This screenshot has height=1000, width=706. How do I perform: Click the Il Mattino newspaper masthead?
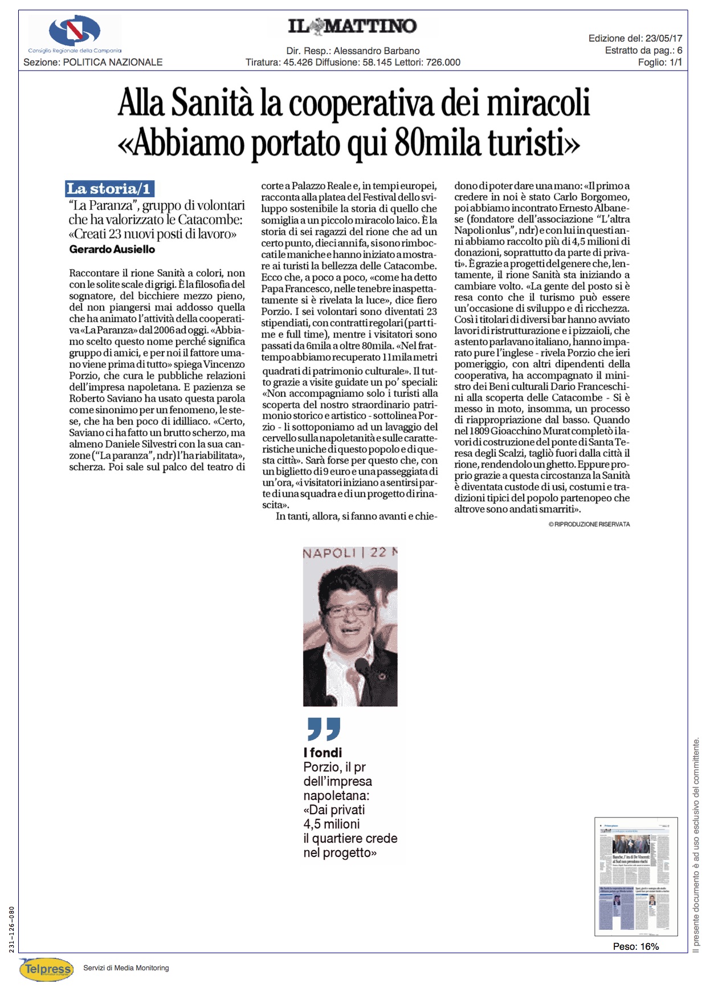[352, 26]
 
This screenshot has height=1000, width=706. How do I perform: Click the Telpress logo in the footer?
[47, 969]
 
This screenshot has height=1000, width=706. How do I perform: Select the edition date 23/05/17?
[664, 38]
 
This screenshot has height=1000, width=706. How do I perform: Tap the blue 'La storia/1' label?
[109, 189]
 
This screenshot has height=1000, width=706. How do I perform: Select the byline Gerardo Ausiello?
[112, 249]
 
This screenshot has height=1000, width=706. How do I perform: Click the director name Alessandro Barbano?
[377, 51]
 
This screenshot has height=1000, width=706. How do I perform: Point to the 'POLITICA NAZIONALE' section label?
[113, 62]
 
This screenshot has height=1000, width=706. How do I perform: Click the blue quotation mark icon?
[323, 729]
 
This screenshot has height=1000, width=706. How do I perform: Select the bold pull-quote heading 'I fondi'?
[323, 753]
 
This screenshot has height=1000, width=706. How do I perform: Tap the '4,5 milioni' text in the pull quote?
[332, 824]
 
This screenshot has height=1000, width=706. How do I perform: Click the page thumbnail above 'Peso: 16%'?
[636, 876]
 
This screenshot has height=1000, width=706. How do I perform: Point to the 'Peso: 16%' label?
[636, 946]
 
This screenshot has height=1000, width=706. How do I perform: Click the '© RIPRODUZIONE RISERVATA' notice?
[589, 524]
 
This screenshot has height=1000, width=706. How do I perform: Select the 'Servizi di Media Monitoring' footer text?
[126, 968]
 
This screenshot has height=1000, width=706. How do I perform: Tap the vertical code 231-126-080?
[12, 929]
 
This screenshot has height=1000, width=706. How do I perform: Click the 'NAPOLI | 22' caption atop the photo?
[349, 552]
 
